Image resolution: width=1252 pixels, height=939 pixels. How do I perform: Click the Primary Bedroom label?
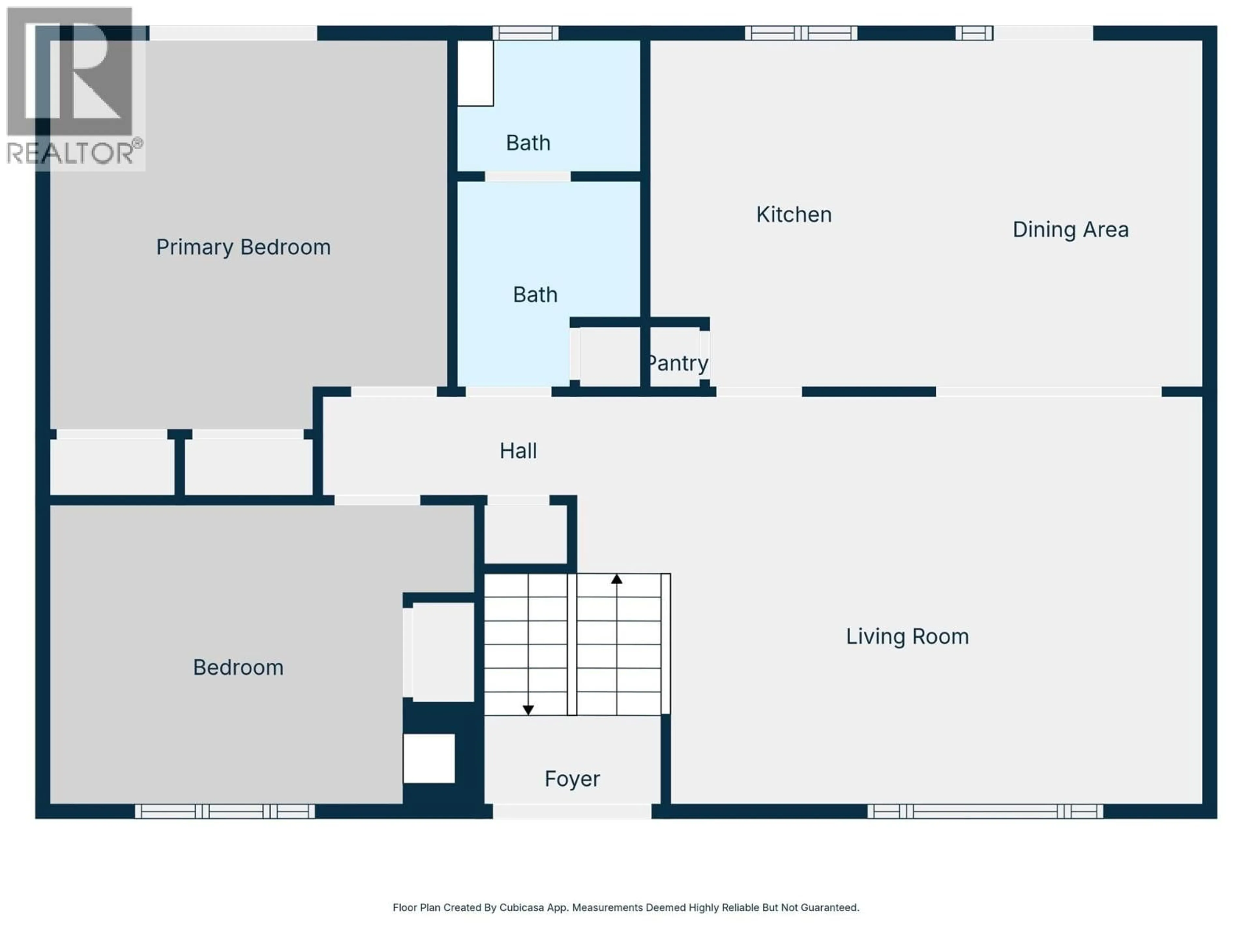243,247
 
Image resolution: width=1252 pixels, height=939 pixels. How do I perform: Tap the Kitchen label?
794,215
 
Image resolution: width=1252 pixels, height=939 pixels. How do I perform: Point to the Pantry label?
678,363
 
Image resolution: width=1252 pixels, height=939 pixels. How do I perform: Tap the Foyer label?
572,779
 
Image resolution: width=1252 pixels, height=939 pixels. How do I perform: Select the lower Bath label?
535,294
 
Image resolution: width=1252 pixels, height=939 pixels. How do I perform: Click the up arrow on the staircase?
616,579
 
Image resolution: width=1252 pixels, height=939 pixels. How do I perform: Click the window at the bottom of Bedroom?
225,811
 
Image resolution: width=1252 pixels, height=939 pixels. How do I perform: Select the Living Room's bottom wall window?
985,811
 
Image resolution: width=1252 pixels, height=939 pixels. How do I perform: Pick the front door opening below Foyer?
572,811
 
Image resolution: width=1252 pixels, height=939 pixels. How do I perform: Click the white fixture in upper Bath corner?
475,73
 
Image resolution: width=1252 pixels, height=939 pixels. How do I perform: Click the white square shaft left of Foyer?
429,758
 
